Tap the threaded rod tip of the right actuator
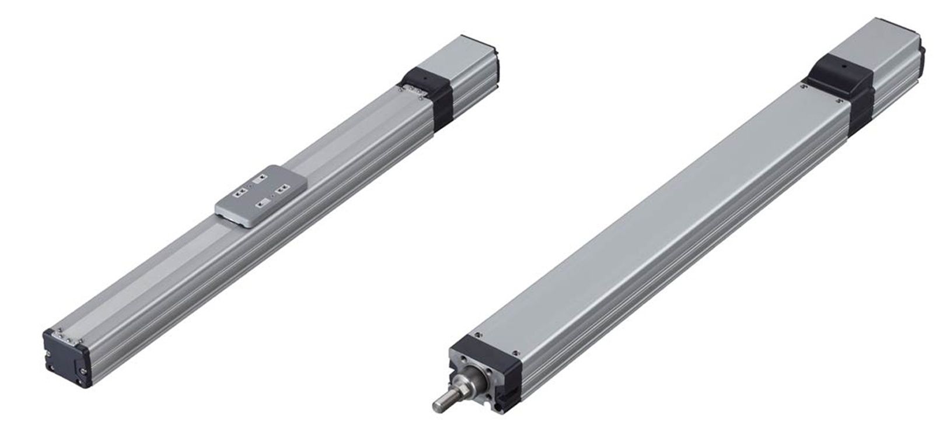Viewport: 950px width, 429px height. (439, 403)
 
